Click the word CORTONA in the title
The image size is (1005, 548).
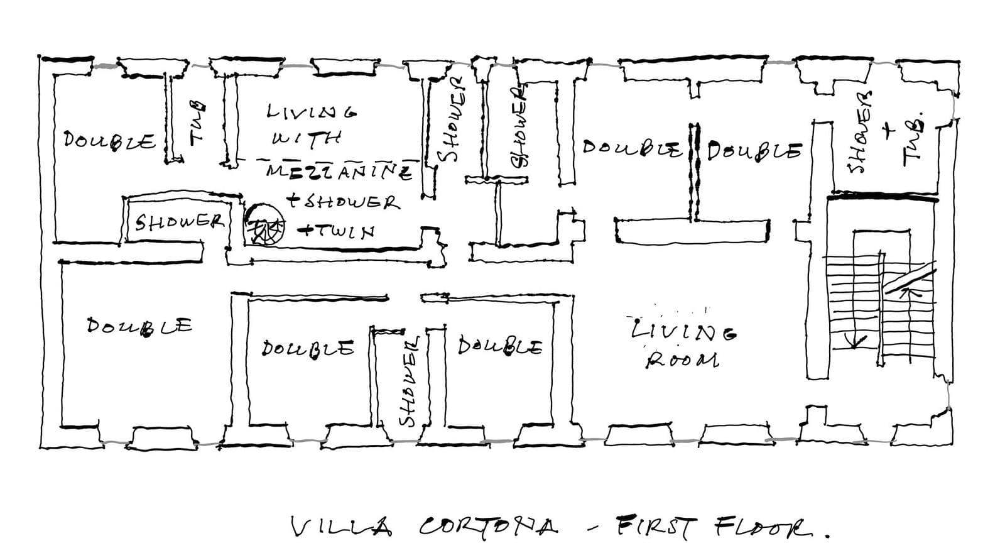point(489,525)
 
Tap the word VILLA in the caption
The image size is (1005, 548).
point(342,526)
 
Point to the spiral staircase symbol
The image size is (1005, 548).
point(264,224)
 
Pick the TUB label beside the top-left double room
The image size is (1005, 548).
point(197,123)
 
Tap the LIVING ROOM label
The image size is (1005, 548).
point(683,343)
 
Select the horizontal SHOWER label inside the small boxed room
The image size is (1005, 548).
point(180,222)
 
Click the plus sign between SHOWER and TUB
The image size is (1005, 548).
point(888,131)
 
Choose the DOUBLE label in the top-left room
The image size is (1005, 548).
point(109,141)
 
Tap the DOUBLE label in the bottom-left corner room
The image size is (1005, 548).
point(139,326)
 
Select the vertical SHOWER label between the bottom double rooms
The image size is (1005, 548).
point(409,382)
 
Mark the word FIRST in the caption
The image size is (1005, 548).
point(656,526)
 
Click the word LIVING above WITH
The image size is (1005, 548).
point(312,111)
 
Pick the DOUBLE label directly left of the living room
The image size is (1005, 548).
point(500,347)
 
